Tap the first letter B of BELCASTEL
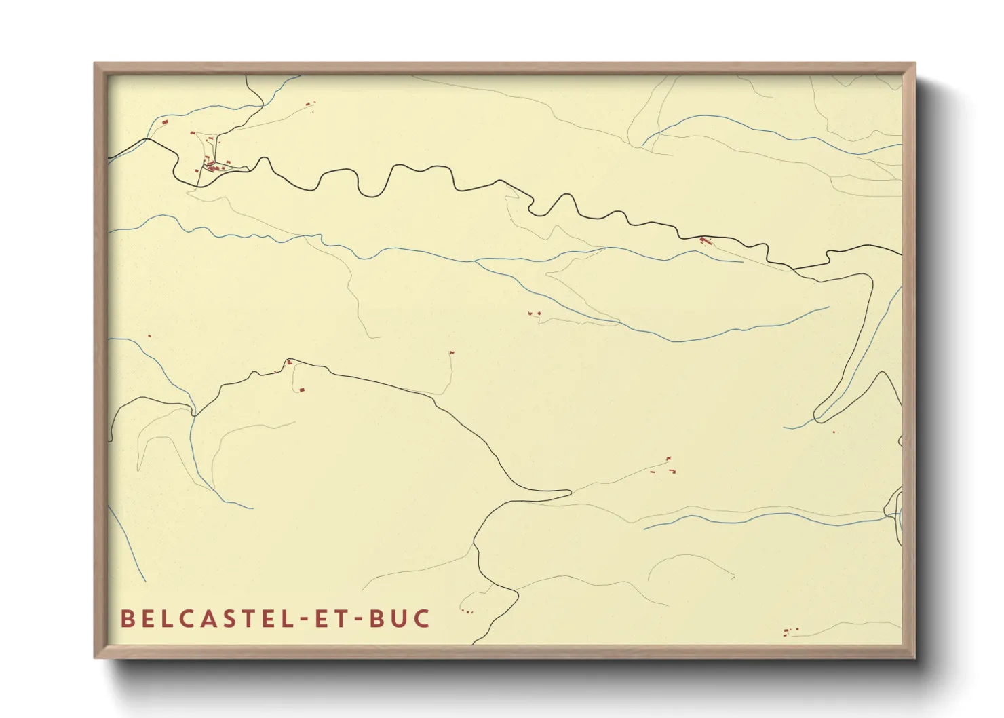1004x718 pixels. pyautogui.click(x=126, y=618)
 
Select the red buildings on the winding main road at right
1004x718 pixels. pyautogui.click(x=706, y=240)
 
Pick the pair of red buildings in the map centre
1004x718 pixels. pyautogui.click(x=535, y=314)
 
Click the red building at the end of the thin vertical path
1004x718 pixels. pyautogui.click(x=451, y=353)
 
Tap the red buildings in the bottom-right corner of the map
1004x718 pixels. pyautogui.click(x=790, y=632)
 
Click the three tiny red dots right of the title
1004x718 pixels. pyautogui.click(x=467, y=612)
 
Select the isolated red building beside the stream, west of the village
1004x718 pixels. pyautogui.click(x=164, y=122)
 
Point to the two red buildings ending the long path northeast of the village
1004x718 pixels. pyautogui.click(x=310, y=104)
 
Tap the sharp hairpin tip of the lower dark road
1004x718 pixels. pyautogui.click(x=568, y=491)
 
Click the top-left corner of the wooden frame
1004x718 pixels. pyautogui.click(x=96, y=64)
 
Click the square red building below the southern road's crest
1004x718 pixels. pyautogui.click(x=302, y=390)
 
